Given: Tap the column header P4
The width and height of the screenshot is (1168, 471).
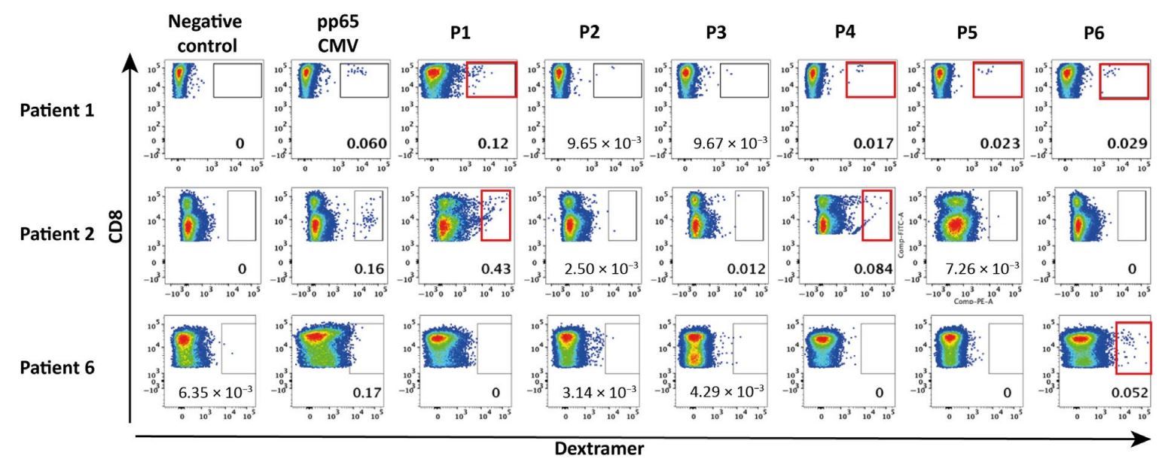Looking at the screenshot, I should pyautogui.click(x=846, y=32).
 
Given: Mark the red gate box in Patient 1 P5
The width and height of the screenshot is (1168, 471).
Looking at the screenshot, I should pyautogui.click(x=997, y=80).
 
